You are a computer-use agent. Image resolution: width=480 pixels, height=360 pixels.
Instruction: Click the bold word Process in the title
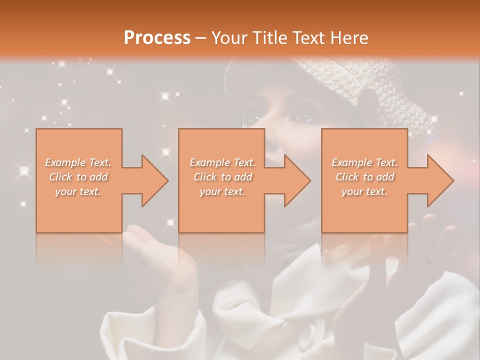tap(157, 38)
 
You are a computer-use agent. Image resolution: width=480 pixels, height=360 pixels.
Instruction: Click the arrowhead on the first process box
tap(154, 180)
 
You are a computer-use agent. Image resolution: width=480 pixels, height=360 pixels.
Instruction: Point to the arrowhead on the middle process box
tap(297, 180)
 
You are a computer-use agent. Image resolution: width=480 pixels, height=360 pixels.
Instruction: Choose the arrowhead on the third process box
tap(440, 180)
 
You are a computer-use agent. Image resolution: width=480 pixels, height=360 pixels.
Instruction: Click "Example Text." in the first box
tap(78, 162)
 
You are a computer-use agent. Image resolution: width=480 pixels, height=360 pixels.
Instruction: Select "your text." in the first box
tap(78, 191)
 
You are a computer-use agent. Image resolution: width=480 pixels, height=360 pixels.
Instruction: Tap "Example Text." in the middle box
tap(222, 162)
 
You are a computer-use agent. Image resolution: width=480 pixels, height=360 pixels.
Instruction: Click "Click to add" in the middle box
tap(222, 177)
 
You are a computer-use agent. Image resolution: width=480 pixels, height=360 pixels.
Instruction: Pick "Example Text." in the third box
tap(364, 162)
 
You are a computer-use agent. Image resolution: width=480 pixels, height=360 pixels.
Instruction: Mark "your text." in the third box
tap(364, 191)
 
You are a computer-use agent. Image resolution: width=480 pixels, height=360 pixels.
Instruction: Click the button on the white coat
tap(305, 334)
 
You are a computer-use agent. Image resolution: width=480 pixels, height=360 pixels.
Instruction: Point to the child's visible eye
tap(302, 117)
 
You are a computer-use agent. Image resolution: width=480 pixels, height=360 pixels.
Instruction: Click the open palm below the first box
tap(150, 245)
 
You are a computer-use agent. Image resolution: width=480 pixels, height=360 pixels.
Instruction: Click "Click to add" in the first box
tap(78, 177)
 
